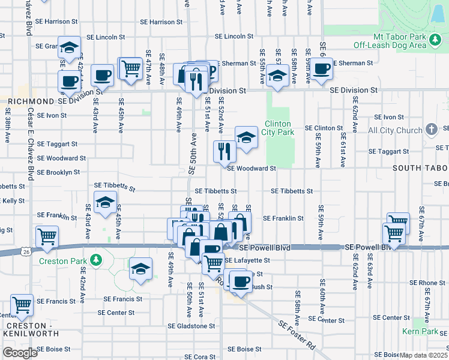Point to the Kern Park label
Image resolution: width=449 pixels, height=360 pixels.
tap(421, 331)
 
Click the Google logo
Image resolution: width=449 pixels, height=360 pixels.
tap(20, 353)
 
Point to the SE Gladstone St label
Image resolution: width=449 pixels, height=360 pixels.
tap(191, 326)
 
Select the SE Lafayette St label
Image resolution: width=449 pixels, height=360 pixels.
tap(247, 260)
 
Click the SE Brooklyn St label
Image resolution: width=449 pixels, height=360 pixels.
tap(58, 172)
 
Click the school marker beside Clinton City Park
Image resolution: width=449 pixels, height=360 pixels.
tap(246, 137)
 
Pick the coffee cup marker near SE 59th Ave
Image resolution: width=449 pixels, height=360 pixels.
tap(322, 70)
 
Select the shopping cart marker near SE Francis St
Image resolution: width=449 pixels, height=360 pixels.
tap(22, 305)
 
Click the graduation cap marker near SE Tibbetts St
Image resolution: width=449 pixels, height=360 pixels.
tap(105, 203)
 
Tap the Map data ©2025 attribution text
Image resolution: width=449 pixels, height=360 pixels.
tap(424, 355)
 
